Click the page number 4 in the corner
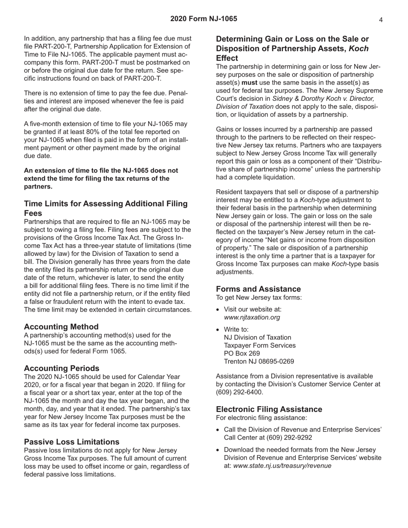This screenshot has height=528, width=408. (381, 19)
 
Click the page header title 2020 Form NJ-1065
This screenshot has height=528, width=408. (204, 19)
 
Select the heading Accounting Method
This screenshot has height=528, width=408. (61, 327)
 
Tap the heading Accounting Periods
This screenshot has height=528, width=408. (61, 368)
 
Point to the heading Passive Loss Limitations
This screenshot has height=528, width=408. (71, 442)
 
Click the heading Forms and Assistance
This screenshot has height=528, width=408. (258, 289)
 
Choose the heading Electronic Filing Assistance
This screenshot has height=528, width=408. (269, 409)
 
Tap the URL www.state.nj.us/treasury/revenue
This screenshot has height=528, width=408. (282, 466)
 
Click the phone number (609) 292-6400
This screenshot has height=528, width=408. (239, 392)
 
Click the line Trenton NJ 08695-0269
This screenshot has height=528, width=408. (259, 361)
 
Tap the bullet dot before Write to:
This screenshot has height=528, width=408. (219, 330)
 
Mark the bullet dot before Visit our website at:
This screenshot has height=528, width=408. (219, 309)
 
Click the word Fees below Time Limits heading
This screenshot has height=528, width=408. (33, 213)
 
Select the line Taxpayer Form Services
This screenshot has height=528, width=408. (259, 346)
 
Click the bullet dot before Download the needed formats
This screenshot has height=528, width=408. (219, 450)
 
